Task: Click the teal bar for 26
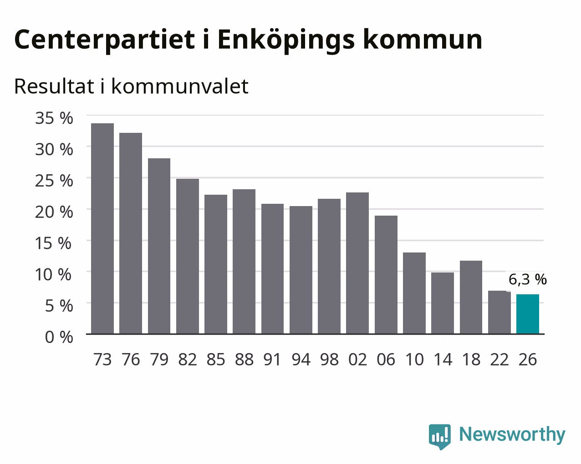pos(528,314)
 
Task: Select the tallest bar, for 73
pos(102,228)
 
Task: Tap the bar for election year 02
pos(357,263)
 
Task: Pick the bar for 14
pos(443,303)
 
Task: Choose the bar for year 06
pos(386,275)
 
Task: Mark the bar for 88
pos(244,262)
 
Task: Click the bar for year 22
pos(499,312)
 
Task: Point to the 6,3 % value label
pos(528,279)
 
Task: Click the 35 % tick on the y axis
pos(54,118)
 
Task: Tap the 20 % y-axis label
pos(54,212)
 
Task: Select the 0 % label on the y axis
pos(59,337)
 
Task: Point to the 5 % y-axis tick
pos(59,306)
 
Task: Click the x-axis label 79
pos(159,359)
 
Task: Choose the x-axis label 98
pos(329,359)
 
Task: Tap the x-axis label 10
pos(414,359)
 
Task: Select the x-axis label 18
pos(471,359)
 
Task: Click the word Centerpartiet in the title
pos(104,40)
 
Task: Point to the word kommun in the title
pos(422,40)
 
